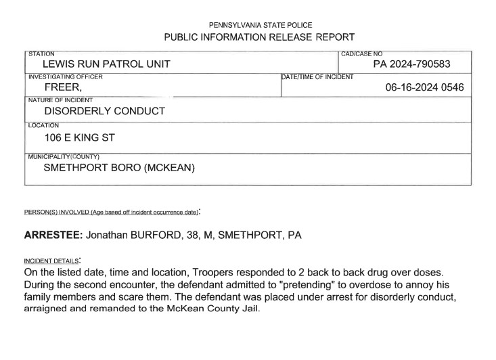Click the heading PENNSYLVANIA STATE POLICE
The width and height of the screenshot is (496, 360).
click(261, 24)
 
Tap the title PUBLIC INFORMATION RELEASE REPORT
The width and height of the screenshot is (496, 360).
click(261, 37)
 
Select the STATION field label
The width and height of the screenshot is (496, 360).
click(41, 53)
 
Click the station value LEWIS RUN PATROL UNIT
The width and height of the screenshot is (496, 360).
click(106, 64)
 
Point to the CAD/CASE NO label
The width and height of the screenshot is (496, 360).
click(362, 53)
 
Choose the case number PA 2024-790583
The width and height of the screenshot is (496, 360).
click(411, 64)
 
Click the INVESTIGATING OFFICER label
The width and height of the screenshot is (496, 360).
click(65, 76)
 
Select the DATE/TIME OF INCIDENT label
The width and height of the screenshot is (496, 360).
click(317, 77)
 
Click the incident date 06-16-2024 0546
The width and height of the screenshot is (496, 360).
click(424, 87)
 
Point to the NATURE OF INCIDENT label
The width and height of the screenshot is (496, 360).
click(60, 100)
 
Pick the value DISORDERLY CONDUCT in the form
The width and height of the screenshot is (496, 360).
click(104, 111)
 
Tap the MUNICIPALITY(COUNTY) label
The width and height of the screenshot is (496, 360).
click(63, 156)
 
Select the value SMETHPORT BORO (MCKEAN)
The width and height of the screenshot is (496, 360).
click(119, 168)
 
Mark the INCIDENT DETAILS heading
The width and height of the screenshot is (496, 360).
click(51, 261)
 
